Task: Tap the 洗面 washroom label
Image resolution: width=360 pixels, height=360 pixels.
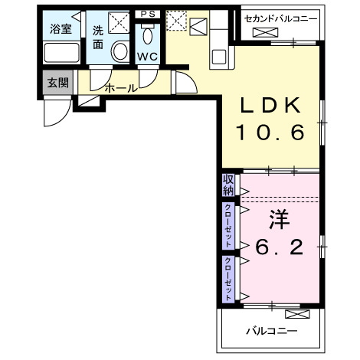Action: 98,38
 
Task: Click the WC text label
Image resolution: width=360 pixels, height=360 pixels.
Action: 147,57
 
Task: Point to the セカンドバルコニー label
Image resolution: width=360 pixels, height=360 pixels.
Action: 281,17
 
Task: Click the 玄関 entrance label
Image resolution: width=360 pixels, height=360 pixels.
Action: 56,83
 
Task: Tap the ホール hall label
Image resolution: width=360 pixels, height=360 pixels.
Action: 121,88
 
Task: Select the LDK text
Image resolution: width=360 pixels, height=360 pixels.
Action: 270,106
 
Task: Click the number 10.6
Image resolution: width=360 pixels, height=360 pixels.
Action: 270,133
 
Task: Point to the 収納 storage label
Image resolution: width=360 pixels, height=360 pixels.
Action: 228,185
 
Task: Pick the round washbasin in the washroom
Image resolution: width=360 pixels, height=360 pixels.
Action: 120,51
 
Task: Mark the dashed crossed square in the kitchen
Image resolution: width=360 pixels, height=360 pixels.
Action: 176,20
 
